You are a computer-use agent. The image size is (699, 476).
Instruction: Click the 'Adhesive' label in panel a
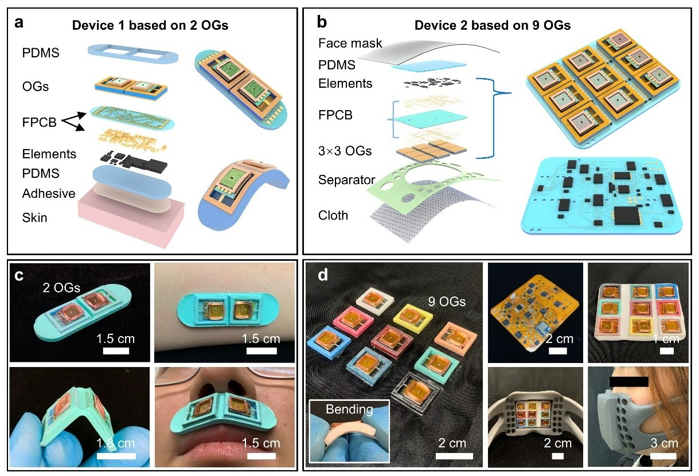[x=48, y=193]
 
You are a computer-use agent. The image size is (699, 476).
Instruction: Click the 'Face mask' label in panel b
[x=350, y=44]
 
